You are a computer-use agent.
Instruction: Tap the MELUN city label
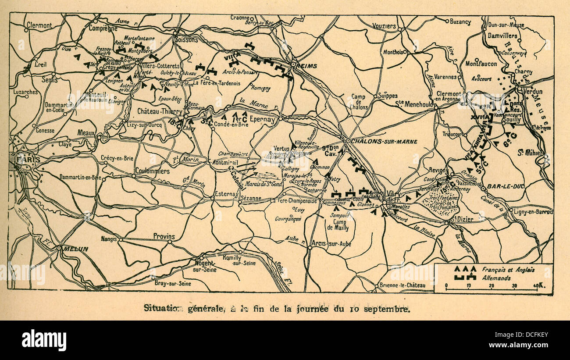click(x=75, y=249)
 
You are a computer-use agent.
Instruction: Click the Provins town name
click(x=164, y=236)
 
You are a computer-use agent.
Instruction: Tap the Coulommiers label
click(x=153, y=171)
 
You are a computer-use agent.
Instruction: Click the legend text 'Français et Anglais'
click(x=508, y=270)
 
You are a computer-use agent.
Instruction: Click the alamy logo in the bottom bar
click(x=44, y=340)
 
